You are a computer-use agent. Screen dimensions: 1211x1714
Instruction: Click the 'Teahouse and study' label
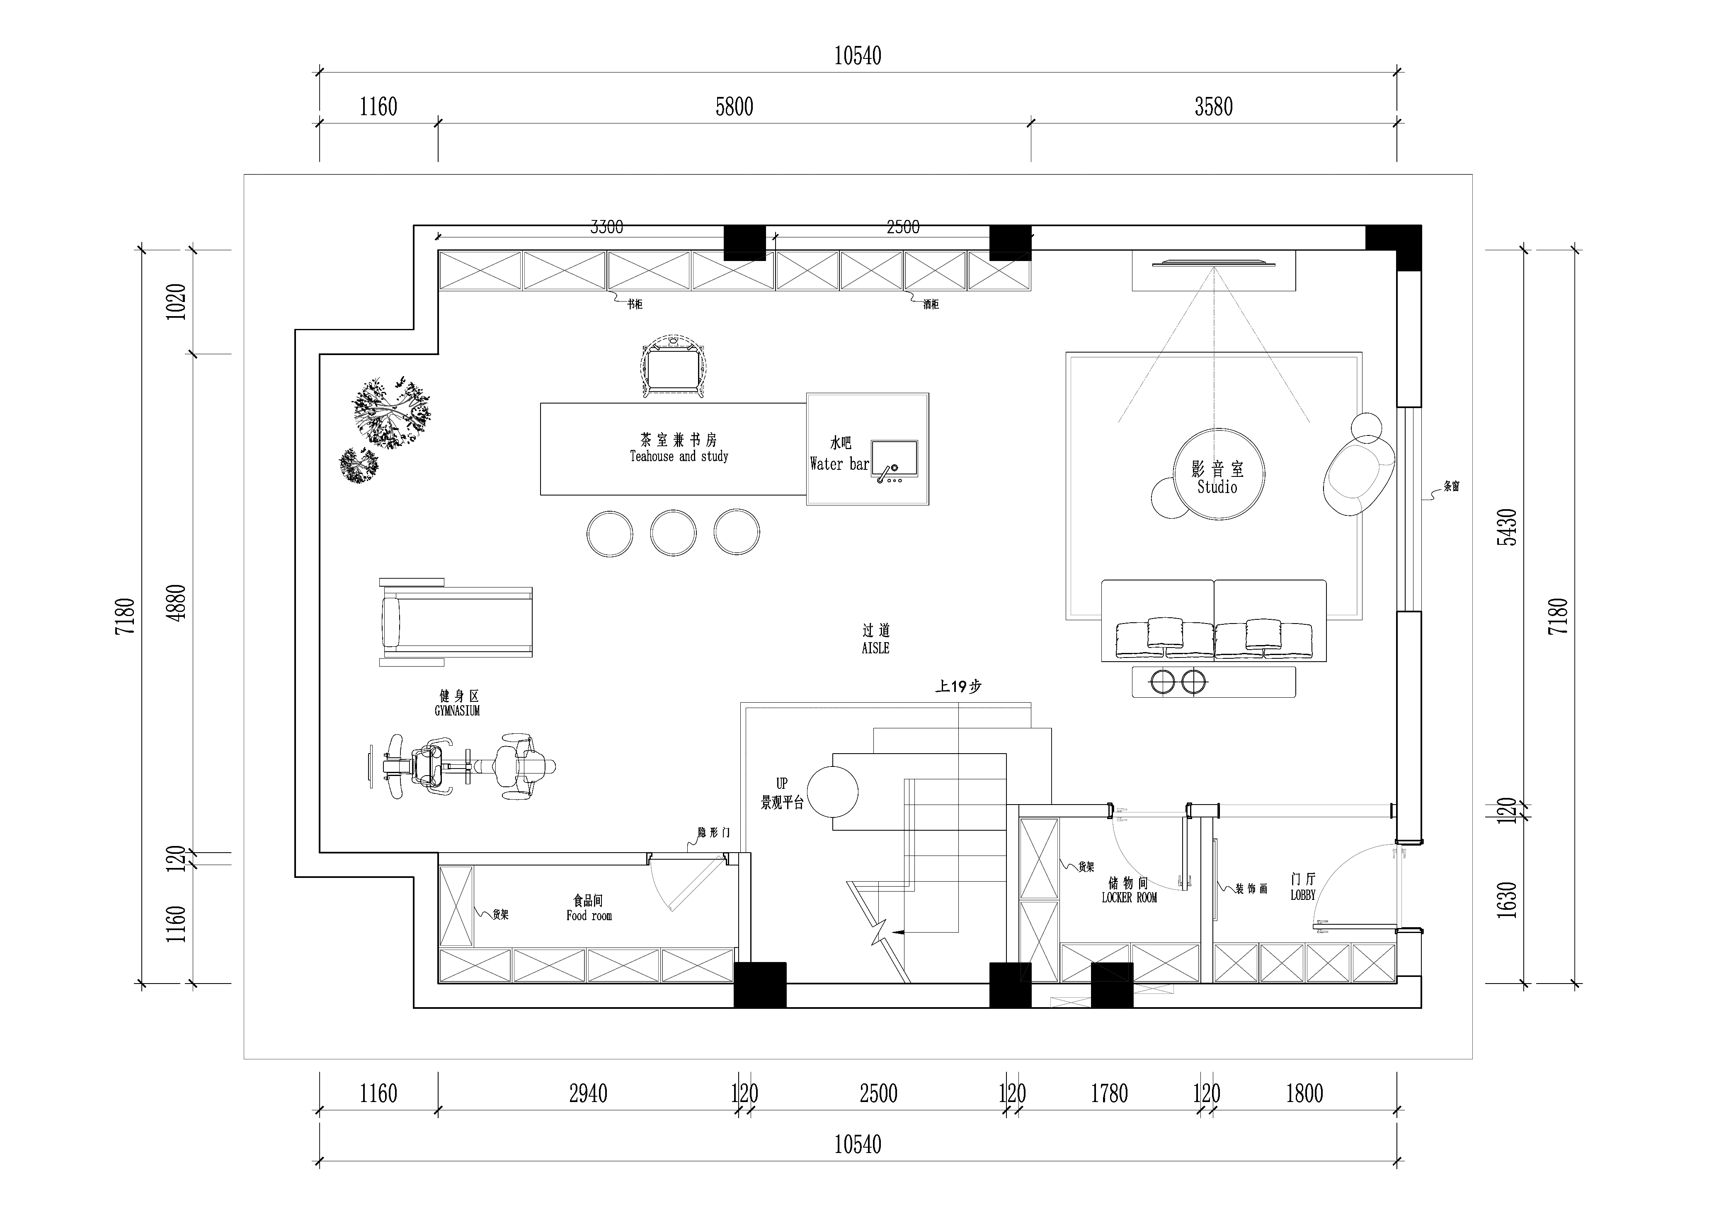pos(679,456)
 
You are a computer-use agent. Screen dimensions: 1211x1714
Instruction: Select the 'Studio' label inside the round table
pos(1217,487)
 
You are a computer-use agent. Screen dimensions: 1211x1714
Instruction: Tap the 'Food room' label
pos(589,916)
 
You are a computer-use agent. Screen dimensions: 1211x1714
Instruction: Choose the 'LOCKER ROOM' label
pos(1129,898)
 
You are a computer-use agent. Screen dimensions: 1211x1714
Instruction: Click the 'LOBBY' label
pos(1303,894)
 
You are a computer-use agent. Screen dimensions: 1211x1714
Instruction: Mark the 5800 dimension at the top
pos(734,107)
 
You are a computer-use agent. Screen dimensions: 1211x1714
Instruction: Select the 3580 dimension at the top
pos(1213,107)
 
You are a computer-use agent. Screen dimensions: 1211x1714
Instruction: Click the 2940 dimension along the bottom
pos(588,1094)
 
